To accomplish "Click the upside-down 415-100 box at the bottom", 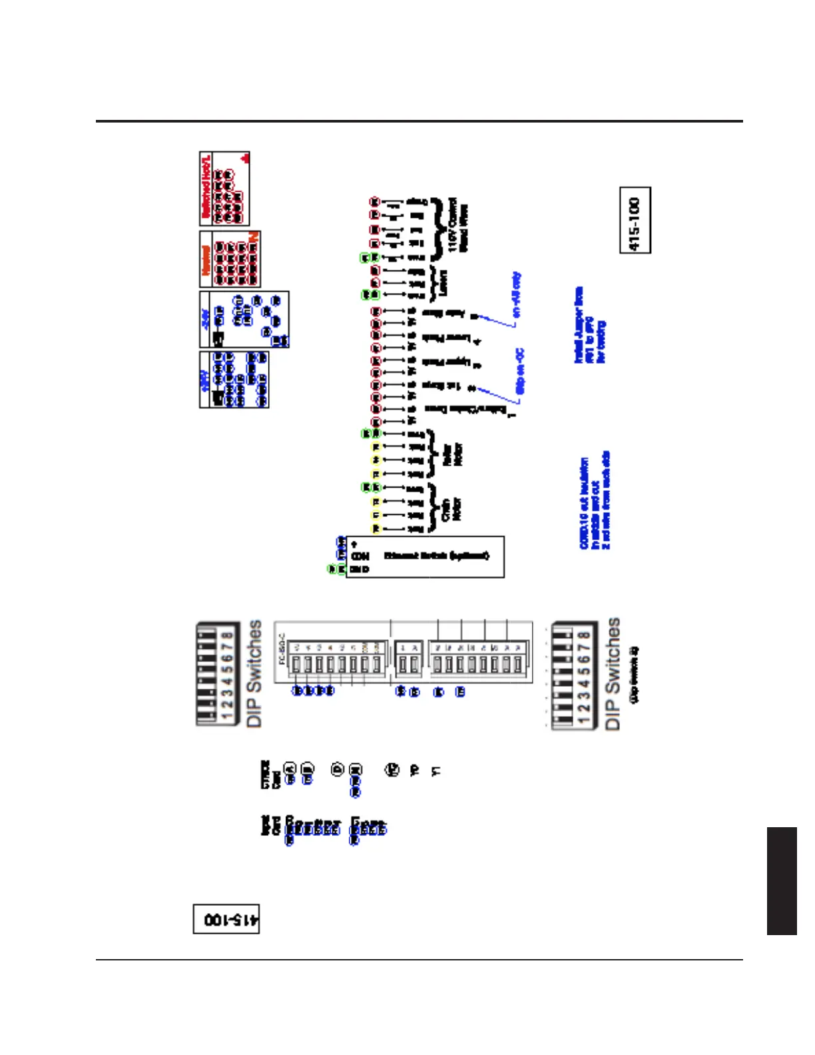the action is click(x=226, y=919).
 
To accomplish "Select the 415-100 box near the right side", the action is click(x=635, y=220).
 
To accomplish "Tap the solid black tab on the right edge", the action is click(x=782, y=880).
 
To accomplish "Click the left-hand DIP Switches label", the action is click(x=254, y=673).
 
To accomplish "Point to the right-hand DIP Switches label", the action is click(x=612, y=673).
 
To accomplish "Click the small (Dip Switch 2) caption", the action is click(x=635, y=674).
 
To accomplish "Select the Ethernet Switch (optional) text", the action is click(x=436, y=555).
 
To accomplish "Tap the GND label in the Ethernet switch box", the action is click(x=360, y=569).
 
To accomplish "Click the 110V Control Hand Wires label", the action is click(x=458, y=224).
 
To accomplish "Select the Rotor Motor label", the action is click(x=453, y=454).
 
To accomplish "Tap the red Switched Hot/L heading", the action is click(x=206, y=188).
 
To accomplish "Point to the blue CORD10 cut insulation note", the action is click(x=595, y=502).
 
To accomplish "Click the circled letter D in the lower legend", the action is click(x=338, y=769).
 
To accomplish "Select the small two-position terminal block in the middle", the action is click(x=407, y=663).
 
